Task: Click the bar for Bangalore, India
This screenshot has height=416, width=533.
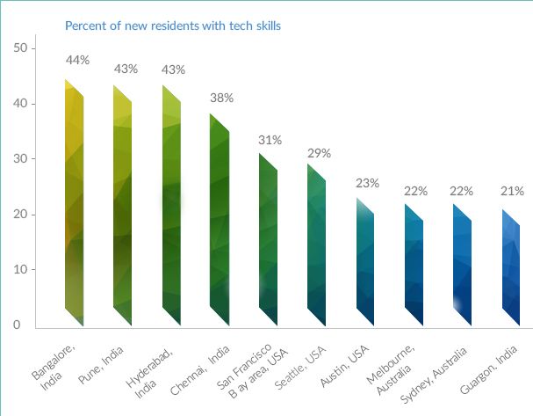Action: pyautogui.click(x=75, y=202)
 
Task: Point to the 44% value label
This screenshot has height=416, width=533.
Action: pyautogui.click(x=77, y=60)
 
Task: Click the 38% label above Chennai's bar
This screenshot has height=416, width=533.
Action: pyautogui.click(x=221, y=98)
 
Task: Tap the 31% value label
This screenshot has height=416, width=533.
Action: pyautogui.click(x=270, y=140)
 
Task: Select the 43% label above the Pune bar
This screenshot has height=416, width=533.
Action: pyautogui.click(x=126, y=68)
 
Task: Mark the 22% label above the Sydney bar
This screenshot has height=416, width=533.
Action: pyautogui.click(x=462, y=190)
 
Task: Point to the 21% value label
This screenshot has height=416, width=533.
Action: pyautogui.click(x=512, y=190)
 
